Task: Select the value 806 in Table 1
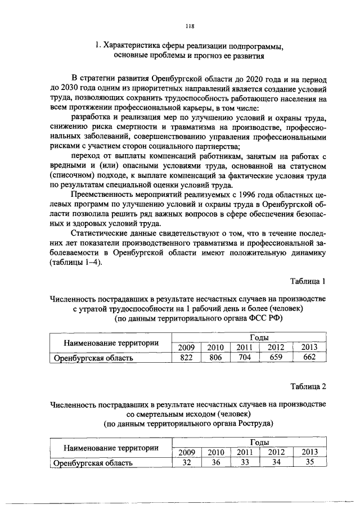pyautogui.click(x=215, y=357)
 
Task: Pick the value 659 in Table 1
pyautogui.click(x=275, y=357)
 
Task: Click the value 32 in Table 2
pyautogui.click(x=186, y=463)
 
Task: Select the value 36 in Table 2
pyautogui.click(x=215, y=463)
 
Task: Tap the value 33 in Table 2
pyautogui.click(x=244, y=463)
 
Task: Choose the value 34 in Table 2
pyautogui.click(x=275, y=463)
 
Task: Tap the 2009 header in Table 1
pyautogui.click(x=186, y=346)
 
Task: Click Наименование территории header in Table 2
pyautogui.click(x=110, y=448)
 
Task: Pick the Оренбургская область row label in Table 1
pyautogui.click(x=93, y=358)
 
